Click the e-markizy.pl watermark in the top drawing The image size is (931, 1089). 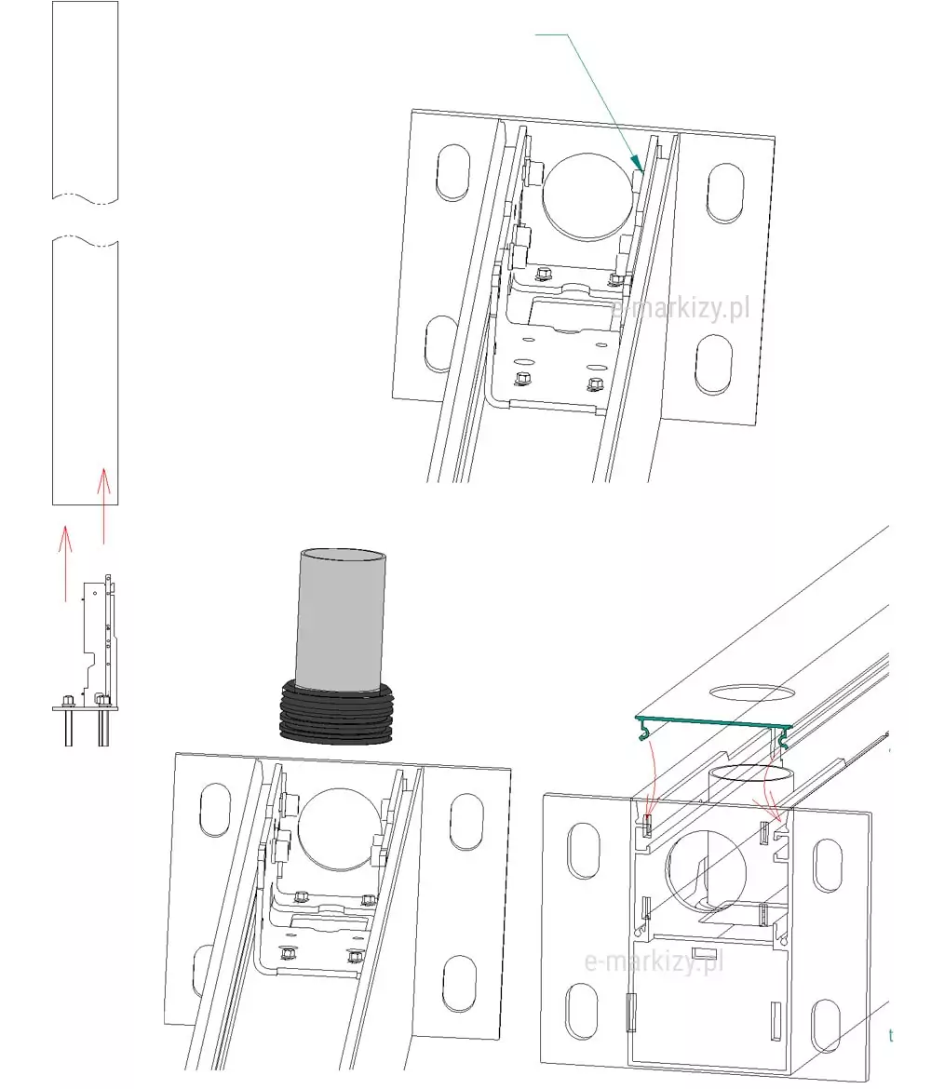(x=681, y=307)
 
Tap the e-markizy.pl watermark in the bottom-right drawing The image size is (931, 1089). (x=654, y=961)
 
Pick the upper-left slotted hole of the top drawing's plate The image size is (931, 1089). (x=453, y=173)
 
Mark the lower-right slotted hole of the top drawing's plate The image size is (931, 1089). (x=713, y=365)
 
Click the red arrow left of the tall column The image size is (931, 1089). (x=65, y=563)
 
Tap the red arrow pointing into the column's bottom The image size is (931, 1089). (x=103, y=505)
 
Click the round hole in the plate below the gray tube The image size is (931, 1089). (x=338, y=829)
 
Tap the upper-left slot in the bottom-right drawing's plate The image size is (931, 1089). (x=584, y=851)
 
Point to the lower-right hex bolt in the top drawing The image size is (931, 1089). (x=595, y=384)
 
